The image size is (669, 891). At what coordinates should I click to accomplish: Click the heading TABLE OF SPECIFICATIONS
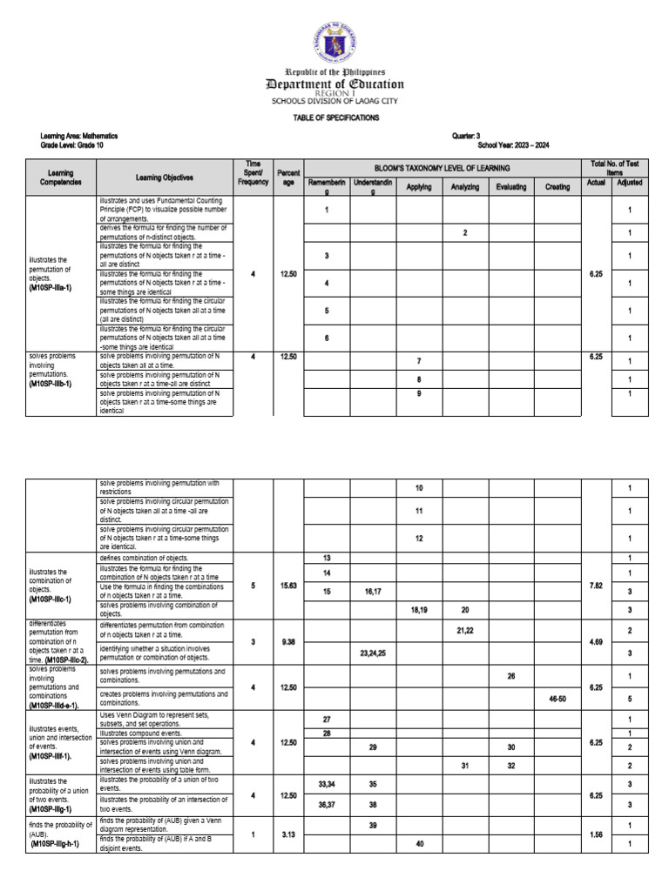click(x=334, y=117)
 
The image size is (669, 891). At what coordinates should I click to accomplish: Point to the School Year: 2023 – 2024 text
click(x=513, y=145)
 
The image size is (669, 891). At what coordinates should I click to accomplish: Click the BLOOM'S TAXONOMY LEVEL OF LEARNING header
click(x=442, y=167)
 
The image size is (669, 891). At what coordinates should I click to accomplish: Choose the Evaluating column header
click(x=511, y=187)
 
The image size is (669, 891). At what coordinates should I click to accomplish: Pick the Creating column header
click(x=557, y=187)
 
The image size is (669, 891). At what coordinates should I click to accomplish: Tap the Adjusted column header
click(x=630, y=184)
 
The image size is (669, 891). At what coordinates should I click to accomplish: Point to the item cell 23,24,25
click(x=373, y=652)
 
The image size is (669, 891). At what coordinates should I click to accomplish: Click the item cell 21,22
click(x=465, y=630)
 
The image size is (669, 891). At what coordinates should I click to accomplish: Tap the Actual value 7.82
click(x=596, y=586)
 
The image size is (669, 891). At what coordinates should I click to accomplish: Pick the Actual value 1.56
click(x=596, y=834)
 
